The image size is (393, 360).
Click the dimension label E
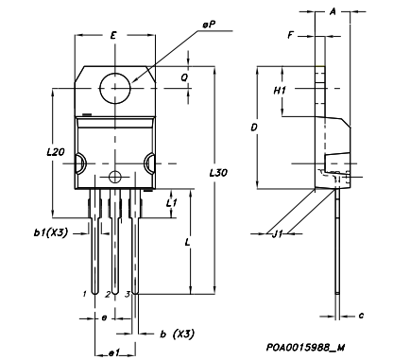point(113,35)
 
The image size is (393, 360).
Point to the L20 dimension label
point(55,152)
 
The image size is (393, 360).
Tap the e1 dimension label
point(111,352)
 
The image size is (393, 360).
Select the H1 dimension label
point(280,91)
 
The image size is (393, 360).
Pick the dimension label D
point(252,125)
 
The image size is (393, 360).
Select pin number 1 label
point(84,295)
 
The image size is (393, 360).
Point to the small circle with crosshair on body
point(115,177)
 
